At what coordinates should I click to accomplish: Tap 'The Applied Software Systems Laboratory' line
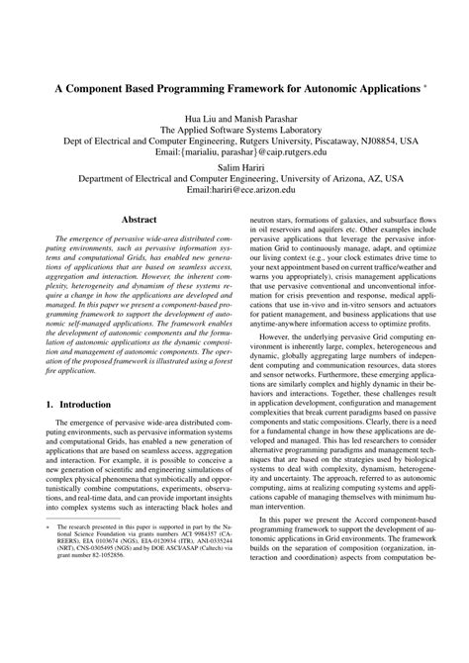[x=234, y=129]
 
